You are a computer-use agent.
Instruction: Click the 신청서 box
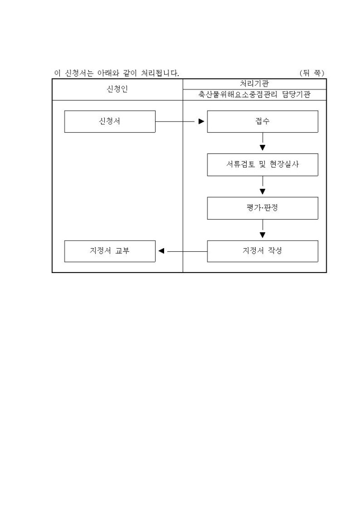pos(110,121)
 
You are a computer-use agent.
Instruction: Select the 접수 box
pos(262,121)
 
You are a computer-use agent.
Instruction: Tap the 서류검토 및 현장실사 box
pos(262,165)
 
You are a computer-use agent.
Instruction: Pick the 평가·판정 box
pos(262,208)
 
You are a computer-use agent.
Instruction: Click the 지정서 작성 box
pos(262,251)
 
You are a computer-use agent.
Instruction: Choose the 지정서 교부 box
pos(110,251)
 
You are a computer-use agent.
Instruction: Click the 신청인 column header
pos(117,89)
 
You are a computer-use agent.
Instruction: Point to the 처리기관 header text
pos(254,84)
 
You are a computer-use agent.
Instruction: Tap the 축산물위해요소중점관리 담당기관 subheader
pos(254,95)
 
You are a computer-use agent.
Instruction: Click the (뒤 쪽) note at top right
pos(311,72)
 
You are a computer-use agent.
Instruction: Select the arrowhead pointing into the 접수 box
pos(201,121)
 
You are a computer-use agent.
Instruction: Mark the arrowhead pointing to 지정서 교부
pos(161,251)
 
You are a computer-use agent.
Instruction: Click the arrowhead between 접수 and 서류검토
pos(263,148)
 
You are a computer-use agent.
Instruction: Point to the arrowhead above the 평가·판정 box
pos(263,191)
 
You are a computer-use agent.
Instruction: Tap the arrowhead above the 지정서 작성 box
pos(263,234)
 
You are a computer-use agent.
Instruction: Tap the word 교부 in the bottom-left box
pos(122,251)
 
